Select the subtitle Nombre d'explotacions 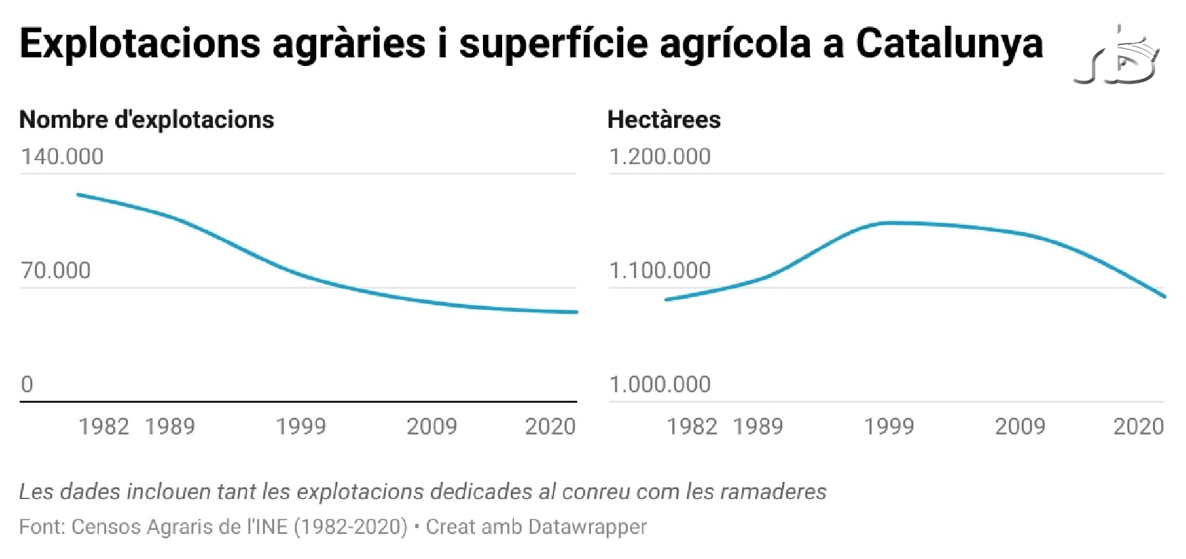coord(146,120)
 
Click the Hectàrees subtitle coord(664,120)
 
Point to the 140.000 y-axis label coord(62,157)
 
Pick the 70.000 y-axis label coord(55,270)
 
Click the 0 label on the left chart coord(26,384)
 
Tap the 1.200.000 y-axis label coord(660,157)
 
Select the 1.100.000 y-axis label coord(660,270)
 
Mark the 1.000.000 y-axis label coord(660,384)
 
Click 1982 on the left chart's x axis coord(103,427)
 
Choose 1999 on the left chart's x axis coord(300,427)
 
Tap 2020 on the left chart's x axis coord(550,427)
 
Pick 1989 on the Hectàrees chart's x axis coord(758,427)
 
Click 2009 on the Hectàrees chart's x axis coord(1020,427)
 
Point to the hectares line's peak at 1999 coord(889,223)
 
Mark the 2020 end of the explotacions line coord(576,312)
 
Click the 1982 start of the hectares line coord(667,300)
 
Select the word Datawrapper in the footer coord(587,527)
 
